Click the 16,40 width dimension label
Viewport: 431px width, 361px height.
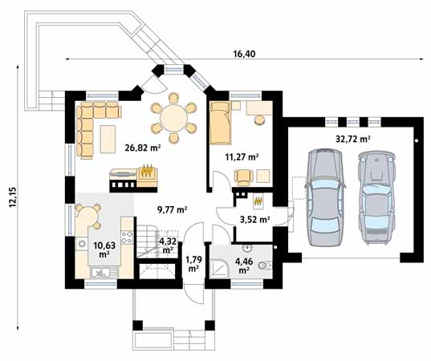(x=244, y=54)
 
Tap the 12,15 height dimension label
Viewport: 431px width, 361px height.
(x=13, y=197)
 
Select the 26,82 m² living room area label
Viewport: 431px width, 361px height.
(x=143, y=148)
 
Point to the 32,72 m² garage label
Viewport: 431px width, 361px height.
(x=352, y=139)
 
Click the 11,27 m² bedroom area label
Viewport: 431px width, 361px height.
(x=242, y=157)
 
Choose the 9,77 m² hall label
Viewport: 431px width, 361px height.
(x=173, y=210)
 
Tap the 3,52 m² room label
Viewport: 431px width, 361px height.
(x=254, y=220)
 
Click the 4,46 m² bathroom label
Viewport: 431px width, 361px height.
(x=244, y=266)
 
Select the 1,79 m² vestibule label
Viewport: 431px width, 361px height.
(x=194, y=264)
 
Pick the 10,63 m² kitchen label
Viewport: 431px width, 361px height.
(x=104, y=249)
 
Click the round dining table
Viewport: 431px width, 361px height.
(x=173, y=119)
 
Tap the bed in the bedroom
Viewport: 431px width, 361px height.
(x=220, y=123)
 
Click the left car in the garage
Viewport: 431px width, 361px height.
(x=325, y=197)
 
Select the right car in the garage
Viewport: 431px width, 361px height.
(x=376, y=197)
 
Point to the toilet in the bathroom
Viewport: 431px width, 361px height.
(x=265, y=266)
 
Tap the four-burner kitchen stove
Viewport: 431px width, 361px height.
(x=128, y=237)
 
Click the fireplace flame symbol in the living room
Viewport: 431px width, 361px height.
(x=147, y=171)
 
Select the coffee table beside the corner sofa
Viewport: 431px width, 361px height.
(x=108, y=139)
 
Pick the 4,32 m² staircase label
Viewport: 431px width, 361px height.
(x=168, y=246)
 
